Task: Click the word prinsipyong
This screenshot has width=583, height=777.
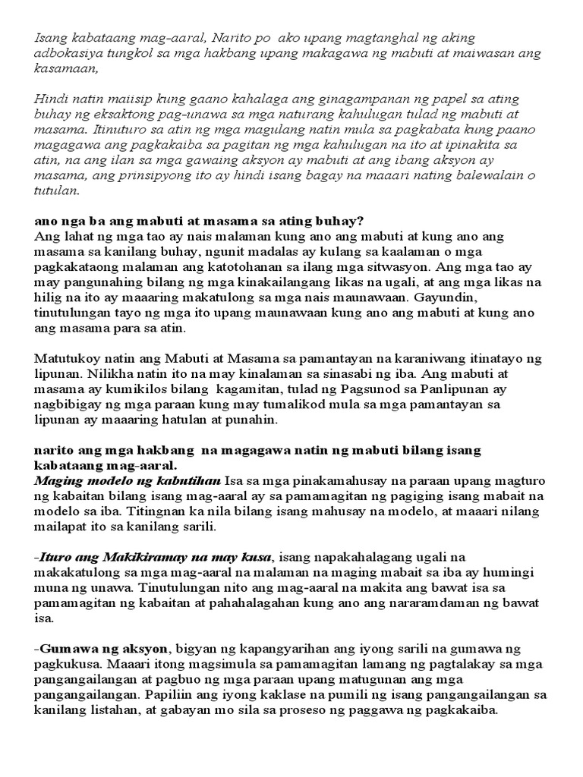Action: pyautogui.click(x=129, y=176)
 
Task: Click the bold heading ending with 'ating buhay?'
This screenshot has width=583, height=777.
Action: pyautogui.click(x=199, y=221)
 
